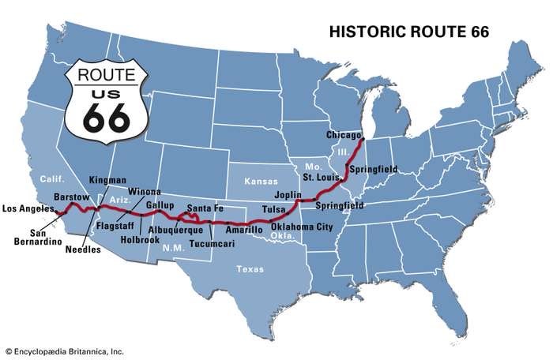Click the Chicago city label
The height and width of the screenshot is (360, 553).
tap(344, 136)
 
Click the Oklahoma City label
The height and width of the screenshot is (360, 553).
tap(302, 227)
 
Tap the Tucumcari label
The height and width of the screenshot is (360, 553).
tap(211, 242)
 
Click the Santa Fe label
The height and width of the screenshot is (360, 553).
tap(203, 208)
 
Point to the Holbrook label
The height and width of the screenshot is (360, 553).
tap(140, 239)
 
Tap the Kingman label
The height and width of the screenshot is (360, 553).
tap(107, 180)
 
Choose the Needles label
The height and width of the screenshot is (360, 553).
tap(84, 249)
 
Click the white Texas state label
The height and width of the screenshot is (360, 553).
tap(250, 269)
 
